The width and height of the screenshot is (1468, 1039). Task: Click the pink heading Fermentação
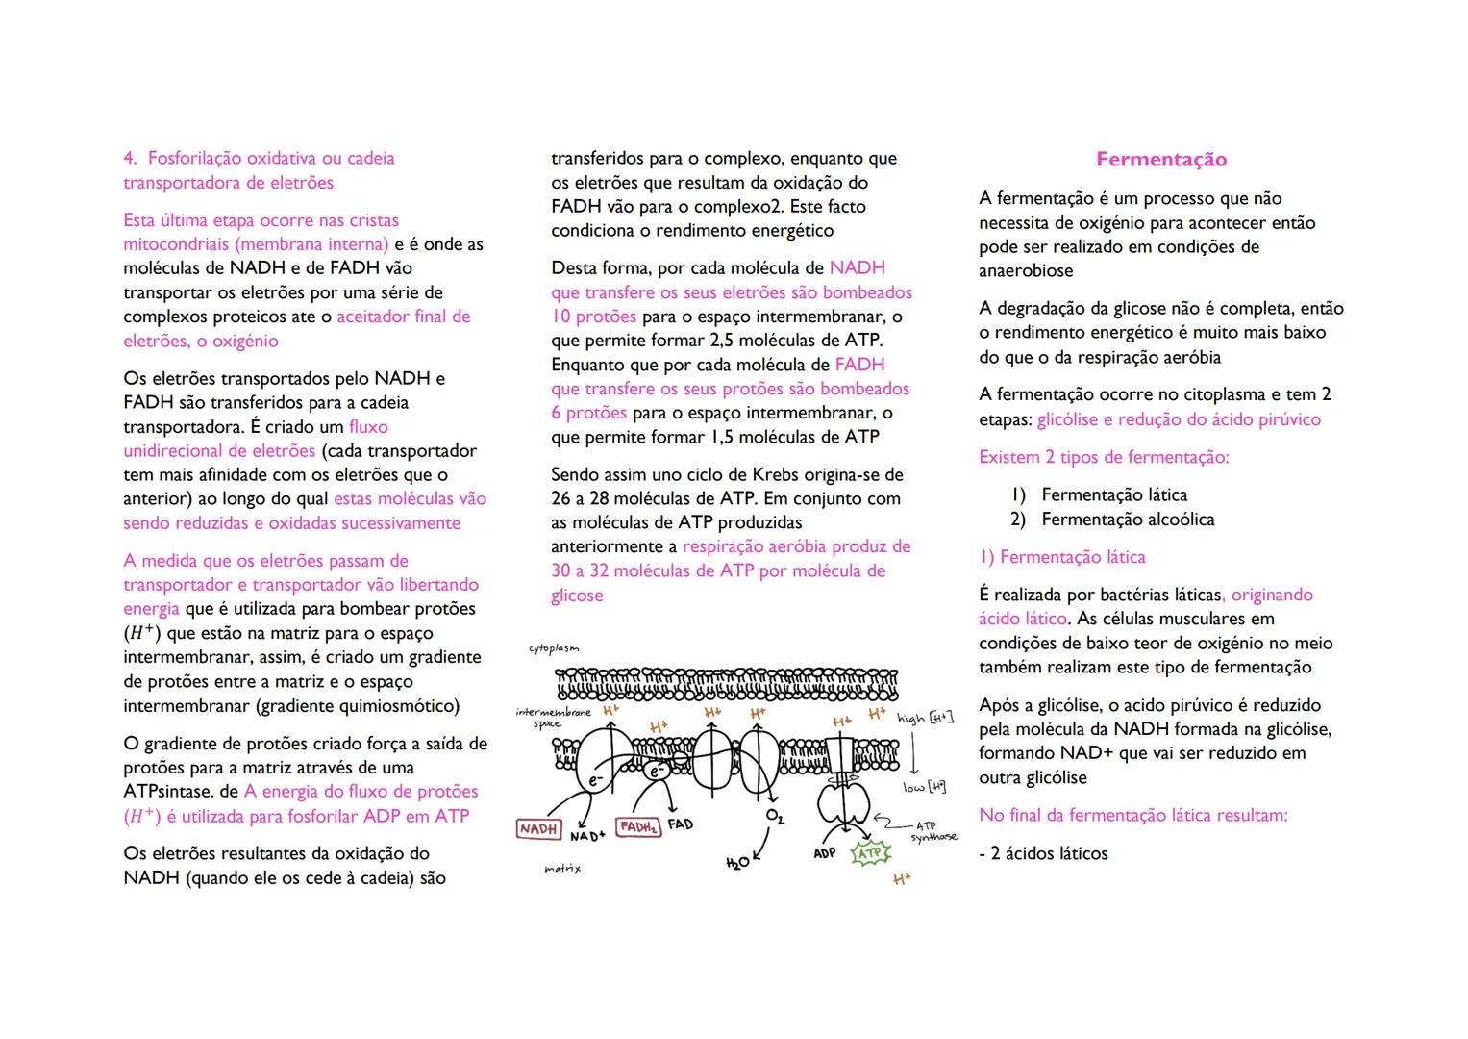tap(1161, 160)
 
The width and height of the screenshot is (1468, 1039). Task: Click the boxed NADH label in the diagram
tap(538, 828)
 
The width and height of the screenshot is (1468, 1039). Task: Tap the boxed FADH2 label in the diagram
tap(638, 827)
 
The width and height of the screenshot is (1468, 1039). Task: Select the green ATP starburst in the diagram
tap(870, 853)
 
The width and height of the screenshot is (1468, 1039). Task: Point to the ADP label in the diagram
tap(825, 853)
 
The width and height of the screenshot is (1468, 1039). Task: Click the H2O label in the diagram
tap(737, 863)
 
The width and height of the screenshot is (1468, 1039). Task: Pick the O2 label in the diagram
tap(775, 817)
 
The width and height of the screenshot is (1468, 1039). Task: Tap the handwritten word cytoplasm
tap(554, 648)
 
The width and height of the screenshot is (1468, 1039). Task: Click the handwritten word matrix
tap(562, 869)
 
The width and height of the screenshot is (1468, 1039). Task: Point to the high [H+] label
tap(925, 718)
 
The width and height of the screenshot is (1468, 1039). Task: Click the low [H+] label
tap(924, 787)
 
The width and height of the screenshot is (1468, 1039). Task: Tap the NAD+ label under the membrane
tap(587, 836)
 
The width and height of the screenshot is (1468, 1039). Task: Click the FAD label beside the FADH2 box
tap(681, 824)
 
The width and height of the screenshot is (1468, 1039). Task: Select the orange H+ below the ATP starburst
tap(901, 879)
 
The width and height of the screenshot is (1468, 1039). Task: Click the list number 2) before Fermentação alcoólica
tap(1018, 519)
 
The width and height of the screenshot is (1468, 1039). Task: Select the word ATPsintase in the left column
tap(167, 792)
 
